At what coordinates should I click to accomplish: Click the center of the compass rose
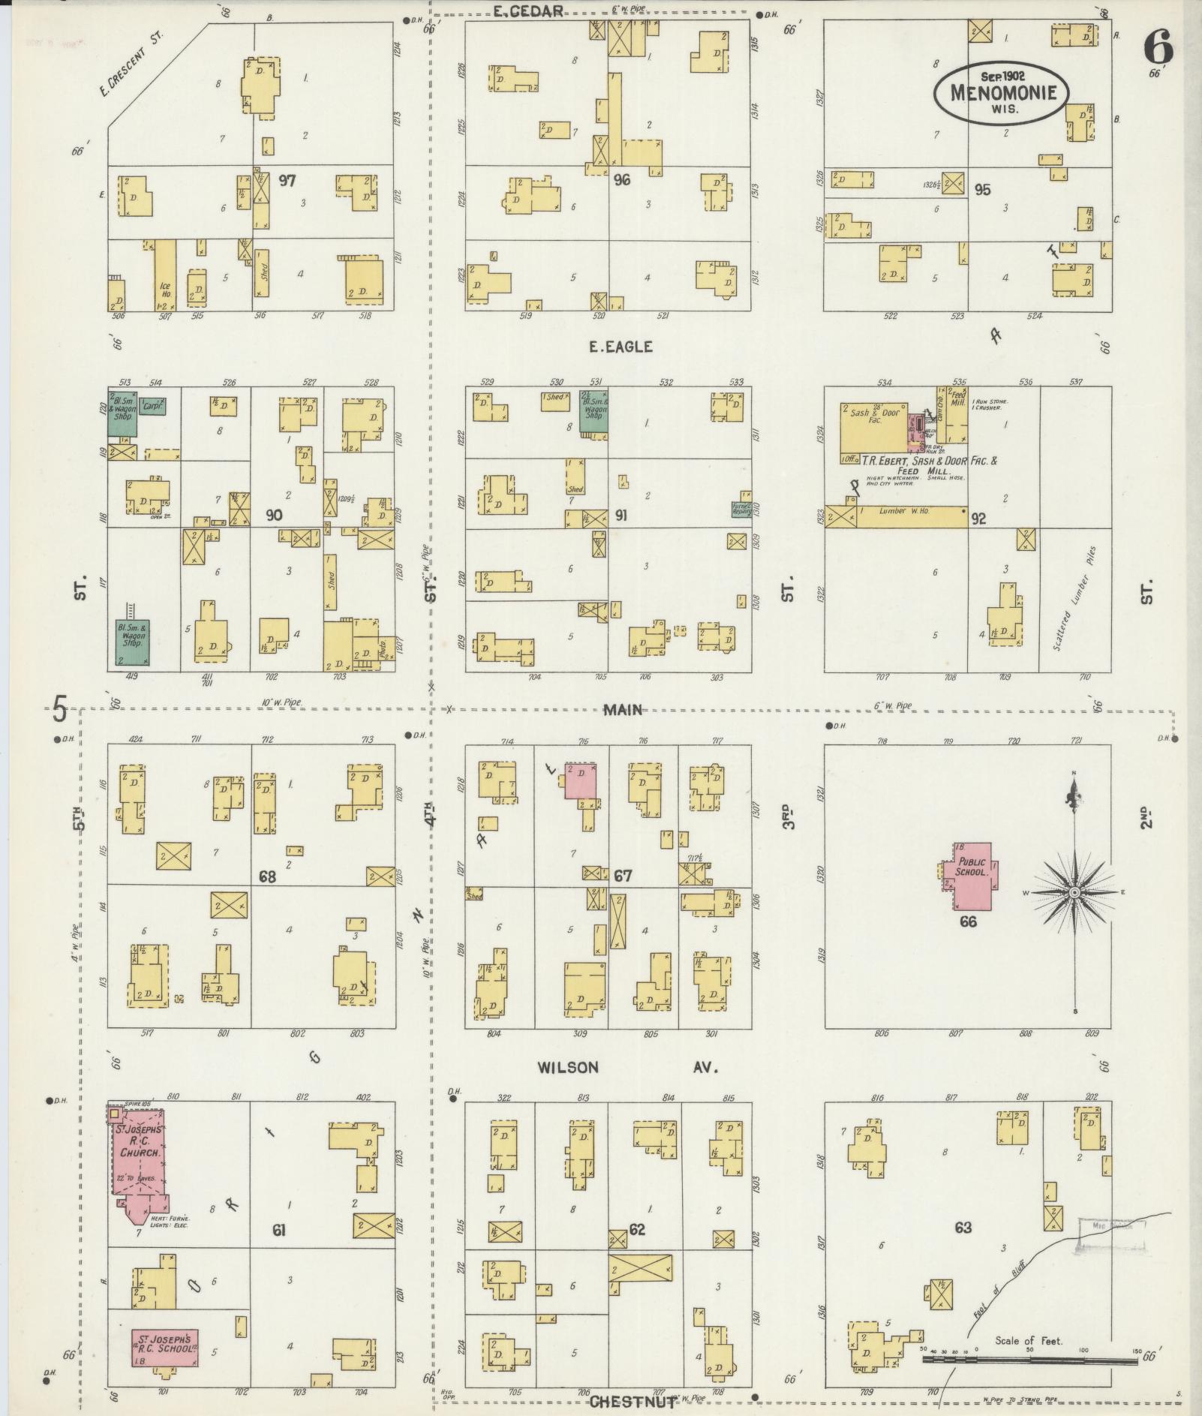(x=1074, y=892)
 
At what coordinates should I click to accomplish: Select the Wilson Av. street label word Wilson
(x=567, y=1067)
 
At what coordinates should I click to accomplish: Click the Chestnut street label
(x=632, y=1401)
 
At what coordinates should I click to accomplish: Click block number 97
(x=287, y=180)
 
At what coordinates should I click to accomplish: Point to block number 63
(x=963, y=1228)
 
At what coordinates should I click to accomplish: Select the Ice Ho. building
(x=165, y=275)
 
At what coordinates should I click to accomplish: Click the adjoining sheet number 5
(x=60, y=707)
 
